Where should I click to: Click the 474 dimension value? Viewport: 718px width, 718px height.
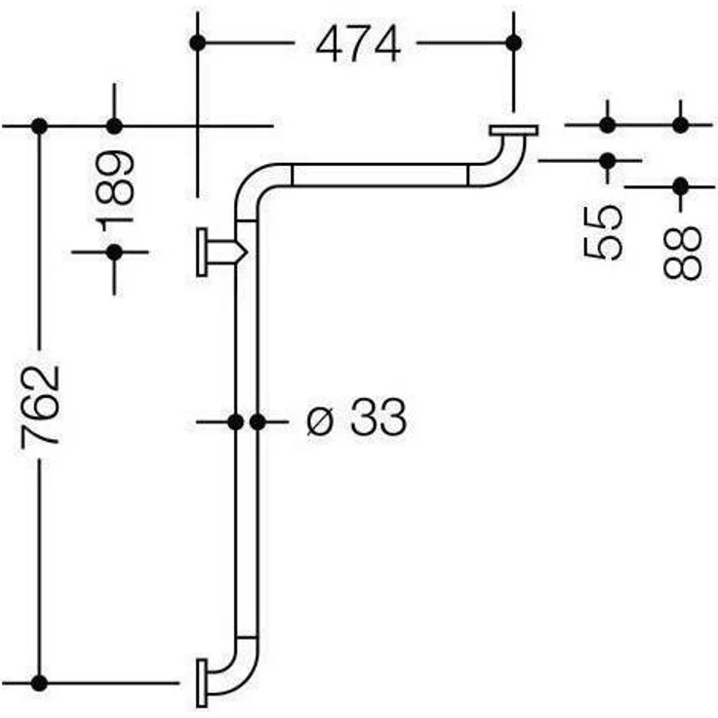358,45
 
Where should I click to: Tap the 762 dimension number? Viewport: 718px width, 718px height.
41,404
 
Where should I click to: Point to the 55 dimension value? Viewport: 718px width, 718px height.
604,232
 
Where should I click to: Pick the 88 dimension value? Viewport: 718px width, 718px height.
682,253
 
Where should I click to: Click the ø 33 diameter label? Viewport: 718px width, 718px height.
356,417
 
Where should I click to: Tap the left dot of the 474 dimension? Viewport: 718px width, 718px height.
197,43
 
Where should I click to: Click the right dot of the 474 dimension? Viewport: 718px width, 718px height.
514,43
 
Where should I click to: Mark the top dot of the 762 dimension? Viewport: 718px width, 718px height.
39,126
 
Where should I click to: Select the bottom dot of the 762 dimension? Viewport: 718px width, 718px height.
39,683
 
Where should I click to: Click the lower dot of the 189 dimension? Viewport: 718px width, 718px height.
114,253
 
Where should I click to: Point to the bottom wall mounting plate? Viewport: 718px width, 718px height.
202,683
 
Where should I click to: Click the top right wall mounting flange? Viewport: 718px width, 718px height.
513,131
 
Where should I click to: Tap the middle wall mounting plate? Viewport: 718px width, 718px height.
202,253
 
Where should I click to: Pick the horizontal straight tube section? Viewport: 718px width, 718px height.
379,175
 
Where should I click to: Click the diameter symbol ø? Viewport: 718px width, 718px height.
319,421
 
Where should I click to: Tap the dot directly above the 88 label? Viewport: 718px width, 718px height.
681,187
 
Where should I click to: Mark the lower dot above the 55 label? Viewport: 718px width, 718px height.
608,161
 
